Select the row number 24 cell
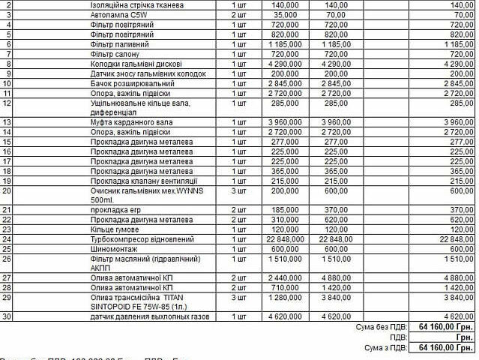click(7, 239)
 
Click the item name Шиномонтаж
click(112, 249)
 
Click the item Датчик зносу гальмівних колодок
click(143, 73)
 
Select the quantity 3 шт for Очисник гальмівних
click(239, 190)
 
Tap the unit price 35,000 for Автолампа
click(284, 15)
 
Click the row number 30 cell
click(7, 317)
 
